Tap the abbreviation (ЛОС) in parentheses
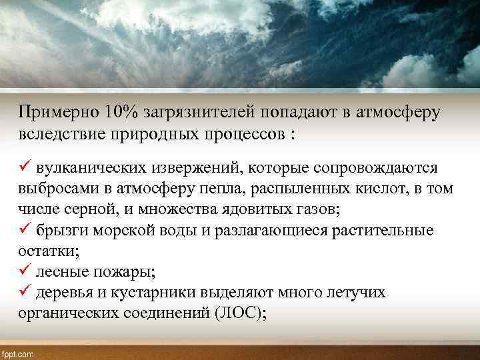point(241,314)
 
